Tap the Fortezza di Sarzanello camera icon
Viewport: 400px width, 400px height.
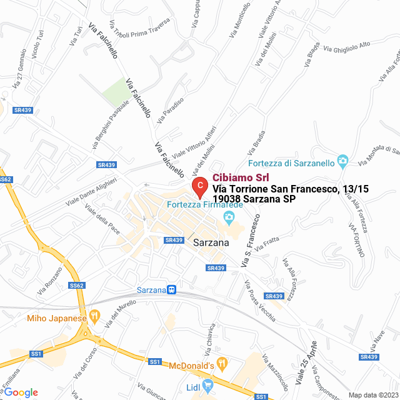click(342, 161)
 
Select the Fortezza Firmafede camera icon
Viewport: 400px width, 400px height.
click(229, 217)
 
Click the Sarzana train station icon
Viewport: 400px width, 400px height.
click(171, 290)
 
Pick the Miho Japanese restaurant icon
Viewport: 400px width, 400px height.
click(95, 316)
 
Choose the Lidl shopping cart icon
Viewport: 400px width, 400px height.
click(208, 386)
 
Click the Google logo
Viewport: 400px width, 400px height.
click(21, 392)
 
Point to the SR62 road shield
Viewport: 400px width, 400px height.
click(77, 286)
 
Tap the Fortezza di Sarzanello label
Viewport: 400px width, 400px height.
click(291, 164)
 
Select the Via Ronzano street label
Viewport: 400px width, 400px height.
click(50, 281)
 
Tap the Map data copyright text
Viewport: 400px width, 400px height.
click(373, 395)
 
